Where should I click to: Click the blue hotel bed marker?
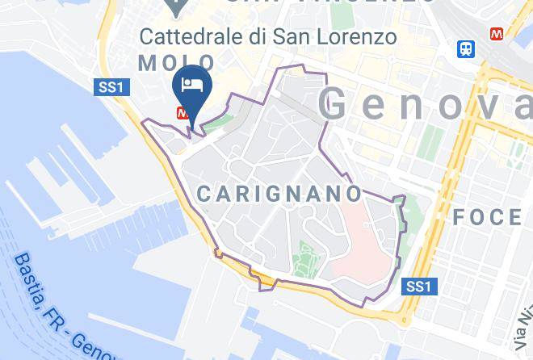(x=192, y=84)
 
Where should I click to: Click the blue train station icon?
(x=465, y=48)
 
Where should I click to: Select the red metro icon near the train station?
(x=497, y=34)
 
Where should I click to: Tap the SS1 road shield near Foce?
(x=418, y=287)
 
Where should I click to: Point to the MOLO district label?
(x=176, y=63)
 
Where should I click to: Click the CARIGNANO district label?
(x=279, y=195)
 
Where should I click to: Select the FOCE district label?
(x=487, y=217)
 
